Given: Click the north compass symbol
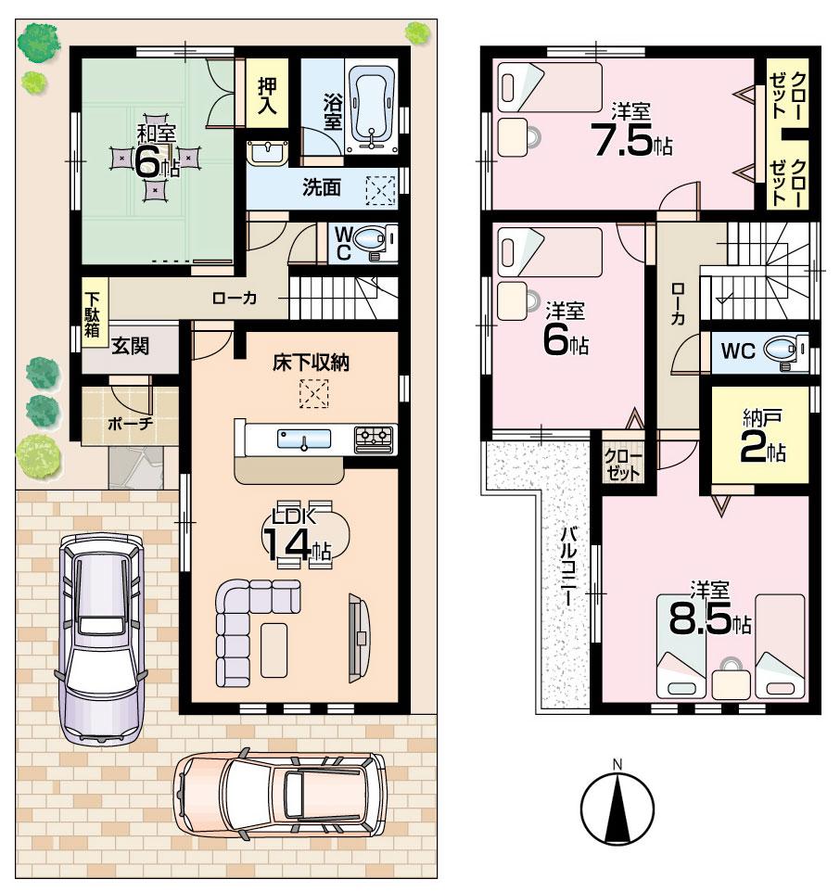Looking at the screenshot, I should tap(617, 805).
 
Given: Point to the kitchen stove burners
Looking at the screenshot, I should tap(375, 434).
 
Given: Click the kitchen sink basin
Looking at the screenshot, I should tap(305, 439).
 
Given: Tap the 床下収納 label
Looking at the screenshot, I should tap(311, 363).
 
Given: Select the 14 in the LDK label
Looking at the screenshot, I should tap(287, 543).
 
